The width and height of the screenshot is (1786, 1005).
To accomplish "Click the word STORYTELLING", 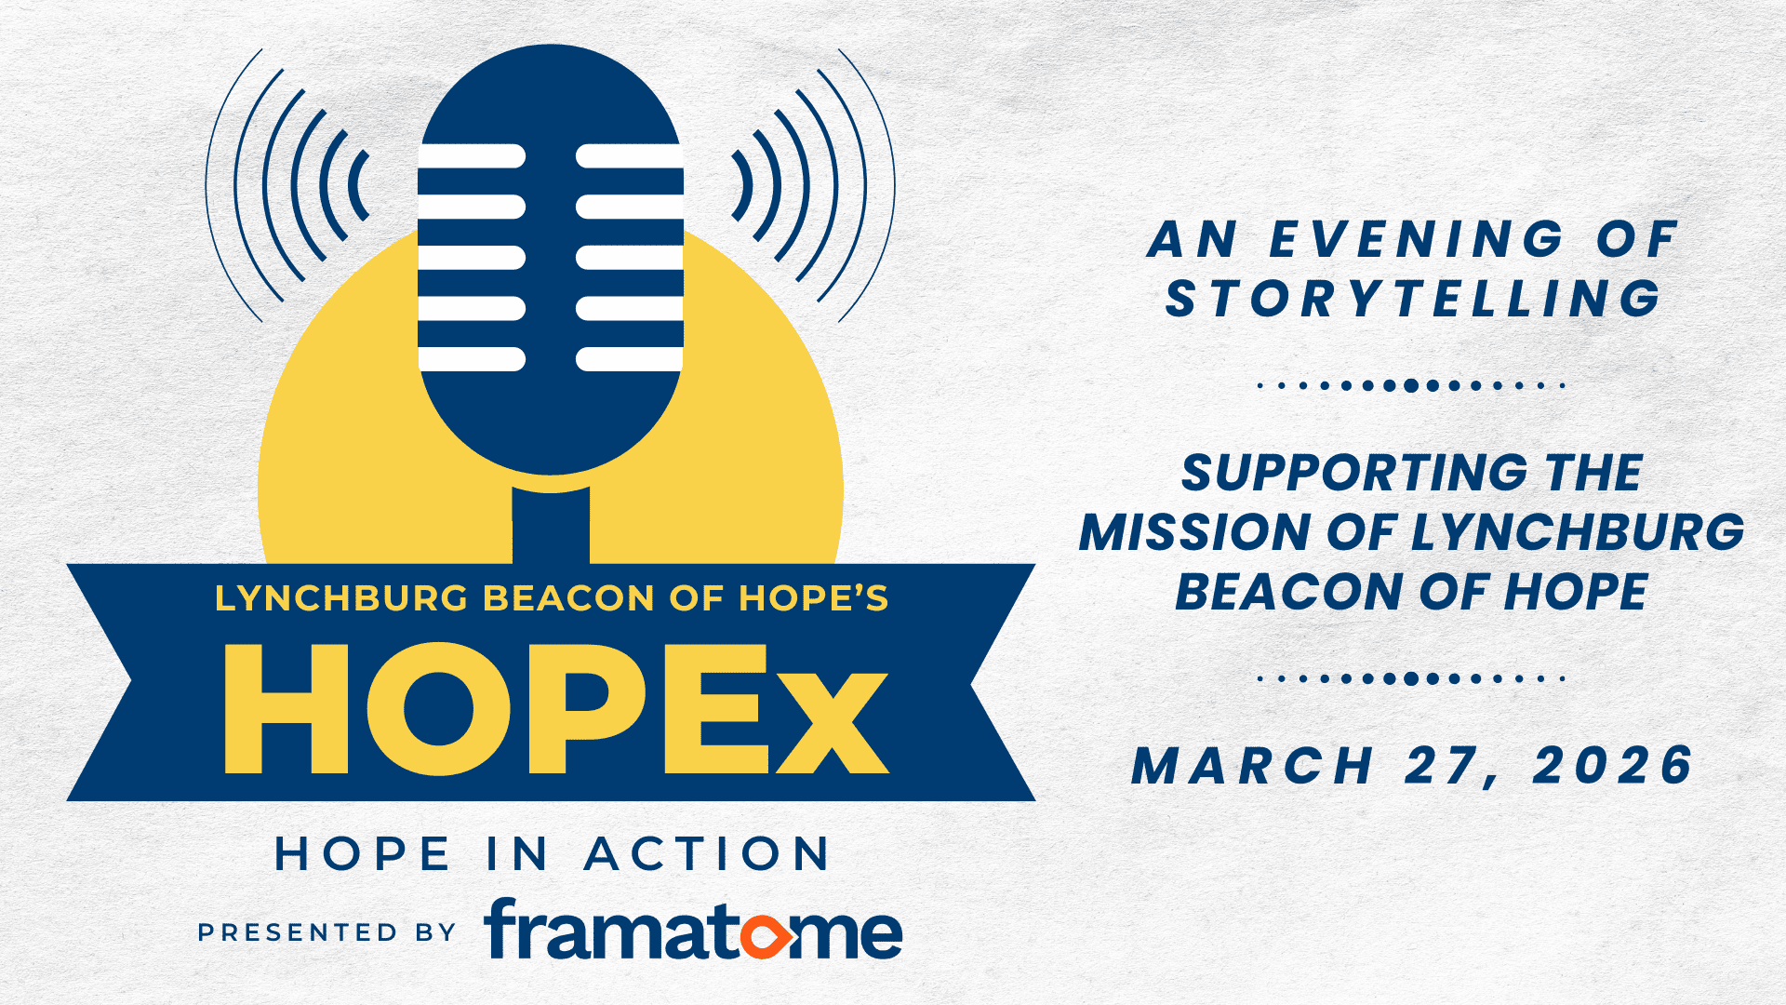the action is pyautogui.click(x=1413, y=299).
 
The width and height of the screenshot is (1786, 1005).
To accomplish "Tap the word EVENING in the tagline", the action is pyautogui.click(x=1417, y=239).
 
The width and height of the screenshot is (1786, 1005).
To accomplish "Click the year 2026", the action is pyautogui.click(x=1612, y=766).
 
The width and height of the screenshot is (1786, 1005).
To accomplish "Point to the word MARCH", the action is pyautogui.click(x=1252, y=766).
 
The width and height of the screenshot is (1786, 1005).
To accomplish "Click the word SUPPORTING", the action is pyautogui.click(x=1353, y=473).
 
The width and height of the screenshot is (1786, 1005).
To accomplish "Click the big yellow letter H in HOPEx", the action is pyautogui.click(x=287, y=709).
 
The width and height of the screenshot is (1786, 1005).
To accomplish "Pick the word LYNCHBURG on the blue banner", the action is pyautogui.click(x=342, y=598).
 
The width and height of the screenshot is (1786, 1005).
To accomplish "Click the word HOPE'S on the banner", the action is pyautogui.click(x=814, y=598).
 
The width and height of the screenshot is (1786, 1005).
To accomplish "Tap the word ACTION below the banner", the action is pyautogui.click(x=707, y=853).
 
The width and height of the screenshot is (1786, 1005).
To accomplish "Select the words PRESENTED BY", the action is pyautogui.click(x=327, y=932).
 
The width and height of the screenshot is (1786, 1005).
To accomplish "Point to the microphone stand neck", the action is pyautogui.click(x=551, y=526).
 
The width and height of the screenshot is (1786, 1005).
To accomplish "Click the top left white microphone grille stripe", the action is pyautogui.click(x=472, y=156).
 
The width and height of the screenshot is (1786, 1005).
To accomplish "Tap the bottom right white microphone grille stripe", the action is pyautogui.click(x=630, y=359).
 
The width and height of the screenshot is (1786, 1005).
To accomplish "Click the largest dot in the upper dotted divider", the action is pyautogui.click(x=1411, y=385).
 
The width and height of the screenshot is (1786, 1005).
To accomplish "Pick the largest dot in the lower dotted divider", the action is pyautogui.click(x=1411, y=678).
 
